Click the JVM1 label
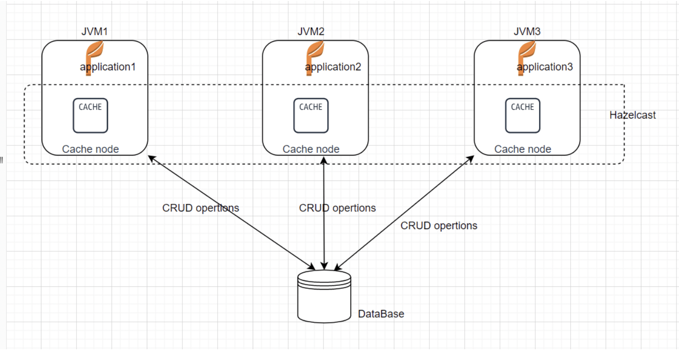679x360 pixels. click(94, 32)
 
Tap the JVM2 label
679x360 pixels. click(311, 32)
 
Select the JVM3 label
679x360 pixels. click(527, 32)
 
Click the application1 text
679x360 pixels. click(108, 67)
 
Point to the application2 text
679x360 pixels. click(333, 67)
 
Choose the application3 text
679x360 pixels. click(545, 67)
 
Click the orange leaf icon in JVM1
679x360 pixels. click(93, 56)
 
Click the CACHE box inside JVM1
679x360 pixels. click(90, 116)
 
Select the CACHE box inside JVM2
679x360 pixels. click(311, 116)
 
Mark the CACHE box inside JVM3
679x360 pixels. click(522, 116)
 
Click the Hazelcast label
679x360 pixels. click(633, 116)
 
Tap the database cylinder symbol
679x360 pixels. click(324, 296)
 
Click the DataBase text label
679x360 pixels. click(381, 314)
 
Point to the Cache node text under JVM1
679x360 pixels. click(90, 149)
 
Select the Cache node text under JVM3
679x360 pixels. click(522, 149)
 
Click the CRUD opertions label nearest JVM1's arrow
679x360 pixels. click(200, 208)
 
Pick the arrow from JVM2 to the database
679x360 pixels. click(324, 234)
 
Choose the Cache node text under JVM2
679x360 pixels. click(311, 149)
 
